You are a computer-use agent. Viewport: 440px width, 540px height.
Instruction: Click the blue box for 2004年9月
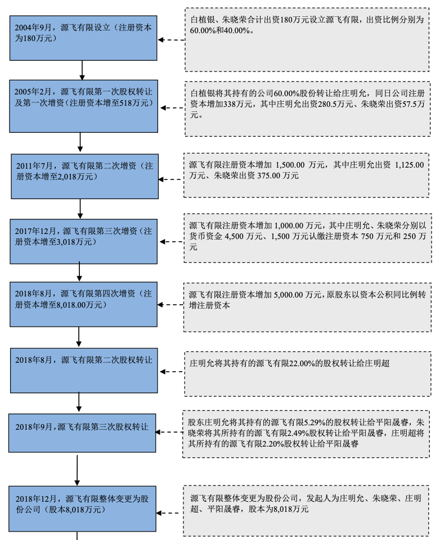coord(83,38)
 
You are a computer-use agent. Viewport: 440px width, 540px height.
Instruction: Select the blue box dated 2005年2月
coord(84,106)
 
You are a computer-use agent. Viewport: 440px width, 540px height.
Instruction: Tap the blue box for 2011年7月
coord(85,176)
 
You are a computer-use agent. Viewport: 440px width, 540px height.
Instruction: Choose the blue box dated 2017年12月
coord(84,241)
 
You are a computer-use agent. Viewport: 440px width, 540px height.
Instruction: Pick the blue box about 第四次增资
coord(84,304)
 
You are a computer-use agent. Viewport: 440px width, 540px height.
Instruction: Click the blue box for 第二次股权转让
coord(84,371)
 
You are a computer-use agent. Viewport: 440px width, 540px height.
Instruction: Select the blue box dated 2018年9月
coord(82,433)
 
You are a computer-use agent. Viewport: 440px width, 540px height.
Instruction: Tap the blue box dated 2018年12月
coord(82,508)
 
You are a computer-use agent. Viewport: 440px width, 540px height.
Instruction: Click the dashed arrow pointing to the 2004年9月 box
coord(171,40)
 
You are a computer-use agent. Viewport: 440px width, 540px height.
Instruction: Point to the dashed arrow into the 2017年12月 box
coord(172,242)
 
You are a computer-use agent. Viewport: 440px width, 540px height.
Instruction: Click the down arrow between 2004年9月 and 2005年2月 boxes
coord(82,70)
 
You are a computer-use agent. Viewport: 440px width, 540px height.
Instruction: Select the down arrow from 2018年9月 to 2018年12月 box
coord(77,470)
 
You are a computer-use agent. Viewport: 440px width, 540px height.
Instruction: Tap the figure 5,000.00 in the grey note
coord(289,295)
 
